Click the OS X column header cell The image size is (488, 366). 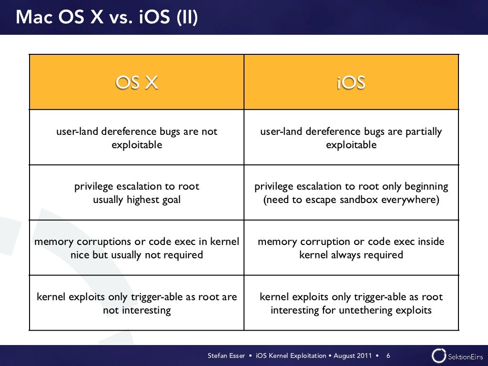point(137,83)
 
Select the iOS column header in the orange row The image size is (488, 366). point(351,83)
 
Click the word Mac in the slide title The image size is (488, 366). point(33,18)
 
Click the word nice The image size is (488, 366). point(80,255)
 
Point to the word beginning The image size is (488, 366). point(424,186)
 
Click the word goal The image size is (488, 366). point(171,200)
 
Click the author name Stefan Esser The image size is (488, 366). point(226,356)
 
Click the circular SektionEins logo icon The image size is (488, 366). point(438,356)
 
